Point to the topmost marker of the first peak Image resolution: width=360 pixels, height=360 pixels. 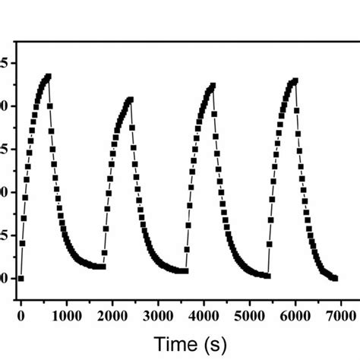[x=49, y=77]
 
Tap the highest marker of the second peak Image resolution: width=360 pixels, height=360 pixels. [x=131, y=99]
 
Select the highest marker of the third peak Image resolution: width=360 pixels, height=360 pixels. [x=213, y=86]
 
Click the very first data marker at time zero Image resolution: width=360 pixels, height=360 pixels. [x=21, y=278]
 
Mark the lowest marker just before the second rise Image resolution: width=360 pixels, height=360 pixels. [x=103, y=267]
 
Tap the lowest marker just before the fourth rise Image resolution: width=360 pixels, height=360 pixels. [x=267, y=275]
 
